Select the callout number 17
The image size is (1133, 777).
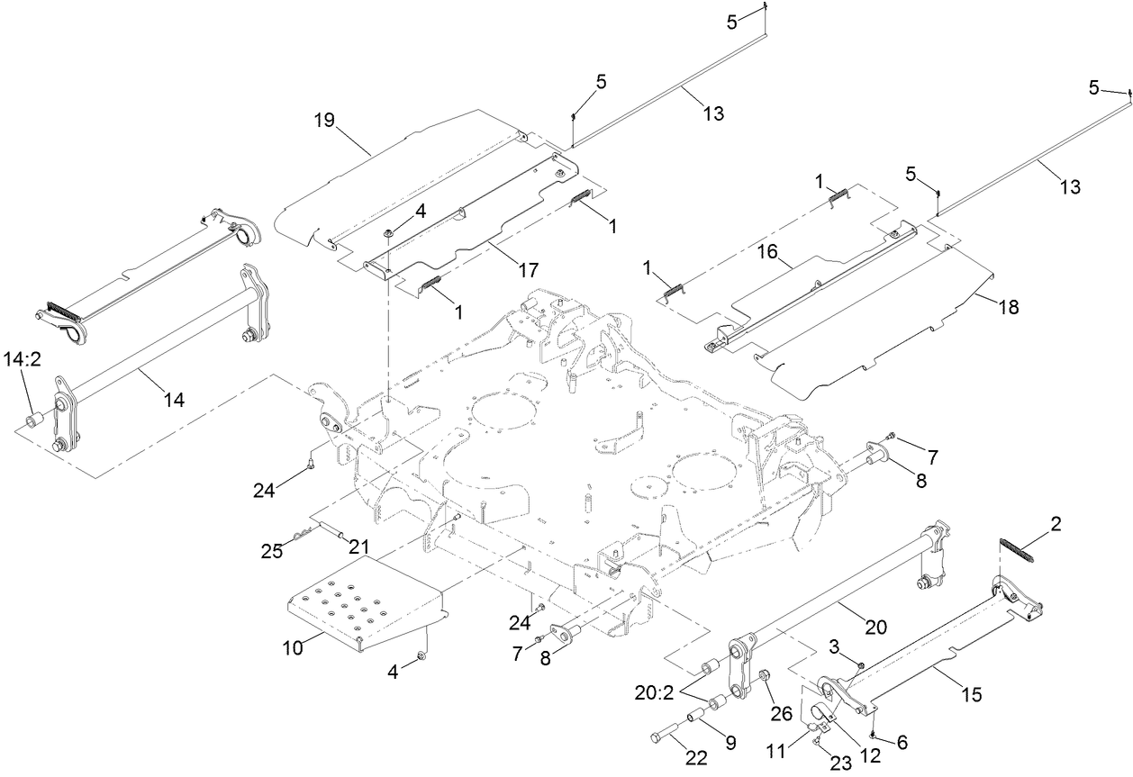[527, 269]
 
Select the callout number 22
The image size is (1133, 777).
[693, 759]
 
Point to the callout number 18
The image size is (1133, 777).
[1008, 307]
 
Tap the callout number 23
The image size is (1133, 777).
[839, 763]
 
